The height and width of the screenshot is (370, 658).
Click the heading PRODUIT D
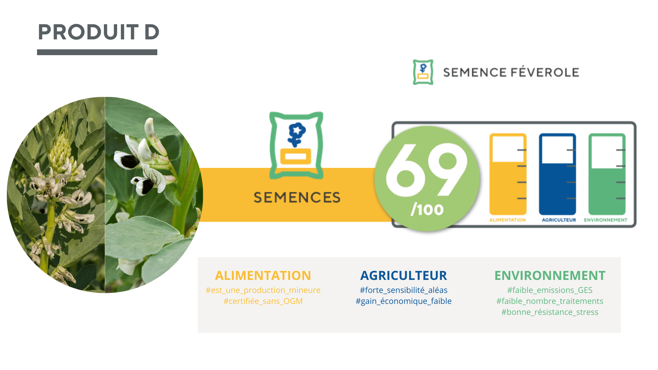point(99,32)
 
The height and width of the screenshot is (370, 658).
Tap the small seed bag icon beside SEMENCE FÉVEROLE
point(423,72)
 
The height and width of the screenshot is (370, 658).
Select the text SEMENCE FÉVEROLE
point(511,72)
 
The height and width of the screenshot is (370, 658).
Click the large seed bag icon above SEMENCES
point(296,145)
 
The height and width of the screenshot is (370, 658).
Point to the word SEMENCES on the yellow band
point(297,197)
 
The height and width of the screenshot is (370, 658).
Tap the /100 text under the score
point(427,209)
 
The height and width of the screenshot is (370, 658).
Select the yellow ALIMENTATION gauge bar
point(508,174)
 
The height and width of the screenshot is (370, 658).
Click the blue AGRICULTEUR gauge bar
point(557,174)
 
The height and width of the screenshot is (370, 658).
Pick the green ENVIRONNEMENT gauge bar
point(607,174)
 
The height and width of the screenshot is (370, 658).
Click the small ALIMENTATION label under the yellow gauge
point(508,220)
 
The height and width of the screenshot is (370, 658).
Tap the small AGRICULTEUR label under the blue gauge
point(559,220)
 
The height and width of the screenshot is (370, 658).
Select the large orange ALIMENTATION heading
point(263,275)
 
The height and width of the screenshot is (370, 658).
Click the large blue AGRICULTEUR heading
point(404,275)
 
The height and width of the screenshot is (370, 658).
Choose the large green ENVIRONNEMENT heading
point(550,275)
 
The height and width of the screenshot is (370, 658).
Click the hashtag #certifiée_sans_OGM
point(263,301)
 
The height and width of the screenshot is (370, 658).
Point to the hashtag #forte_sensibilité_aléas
point(404,290)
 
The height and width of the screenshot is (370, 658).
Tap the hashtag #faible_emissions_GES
point(550,290)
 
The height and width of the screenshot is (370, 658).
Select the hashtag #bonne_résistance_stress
point(550,312)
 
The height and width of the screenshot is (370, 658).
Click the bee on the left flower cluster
point(49,189)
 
